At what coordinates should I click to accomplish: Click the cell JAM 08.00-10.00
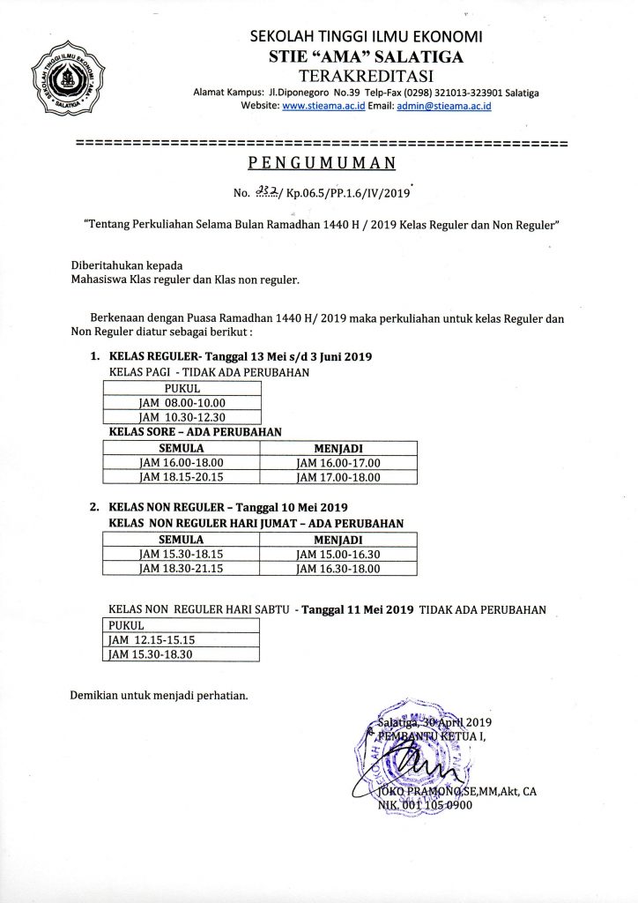coord(182,403)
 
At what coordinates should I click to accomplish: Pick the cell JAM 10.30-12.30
coord(182,417)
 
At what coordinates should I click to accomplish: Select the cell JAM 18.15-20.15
coord(182,477)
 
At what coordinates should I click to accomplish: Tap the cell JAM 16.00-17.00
coord(338,462)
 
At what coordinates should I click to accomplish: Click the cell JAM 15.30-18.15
coord(182,554)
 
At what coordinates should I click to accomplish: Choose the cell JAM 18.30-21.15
coord(182,569)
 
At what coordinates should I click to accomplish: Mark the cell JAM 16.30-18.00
coord(338,569)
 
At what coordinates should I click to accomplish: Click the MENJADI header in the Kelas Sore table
coord(338,448)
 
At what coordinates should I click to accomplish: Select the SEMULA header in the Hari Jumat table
coord(182,539)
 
